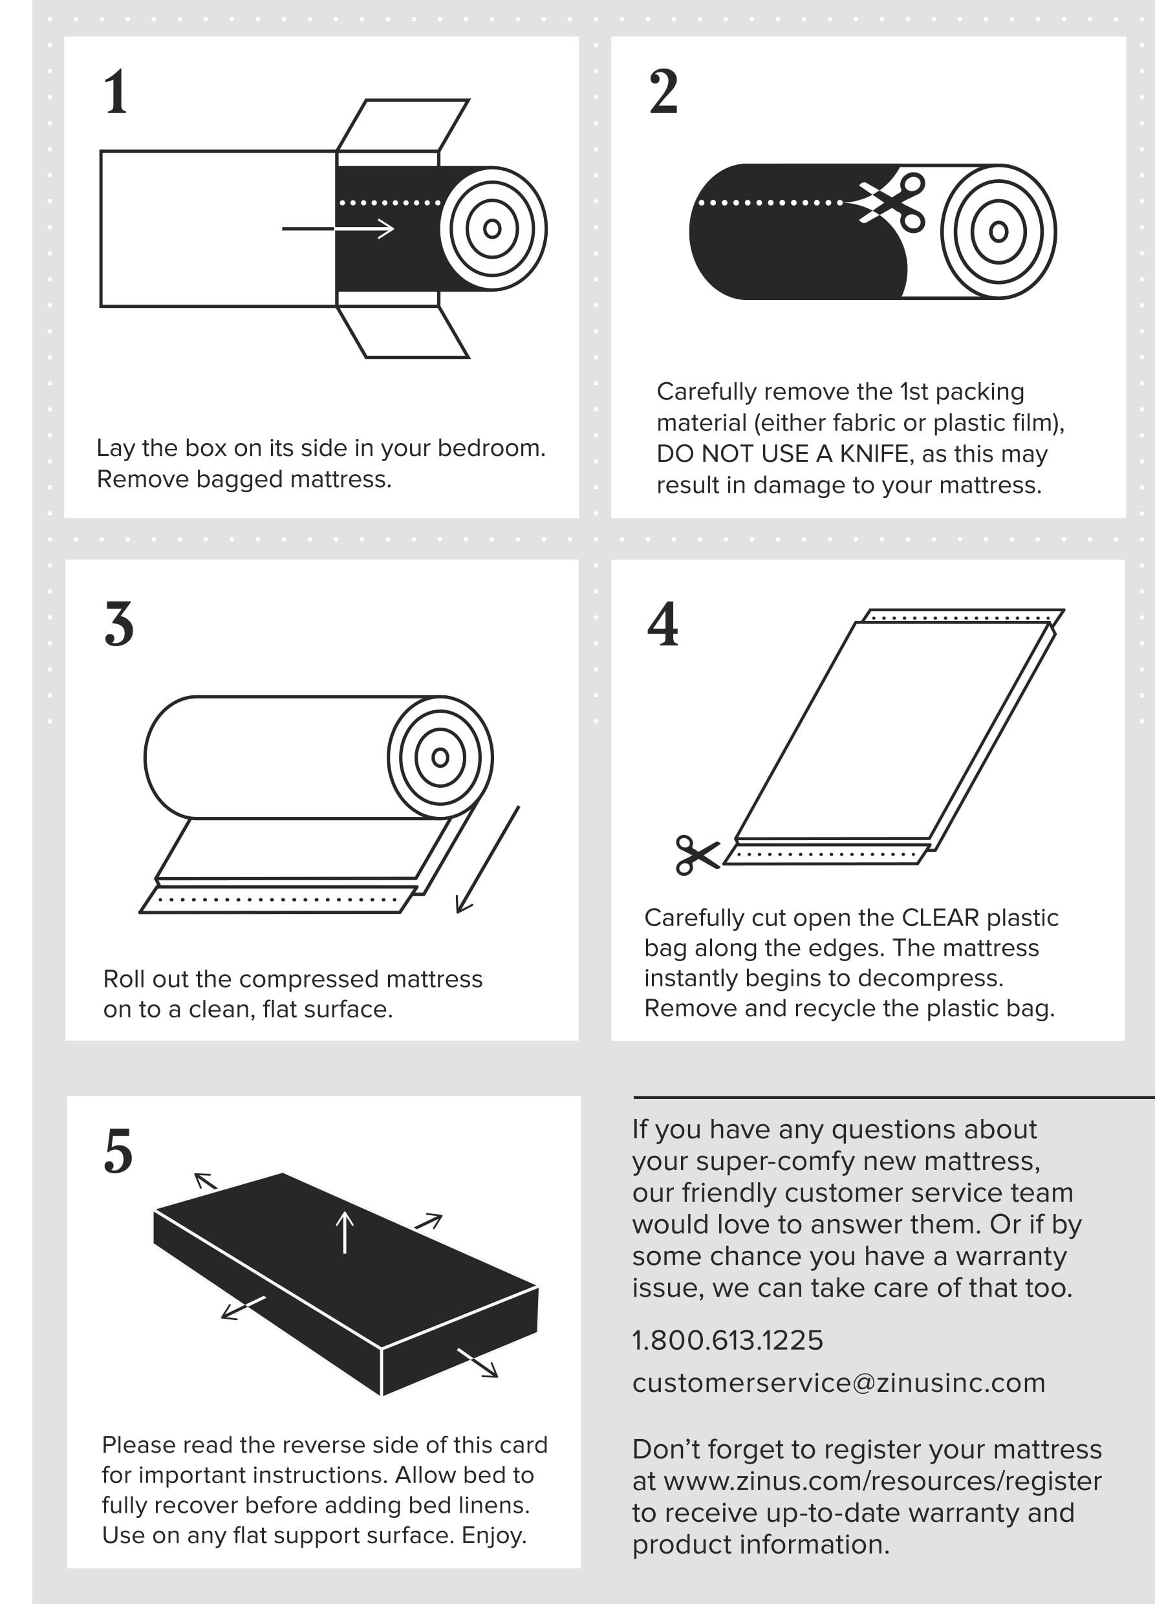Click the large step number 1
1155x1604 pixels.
[x=115, y=92]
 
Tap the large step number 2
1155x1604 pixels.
[x=663, y=92]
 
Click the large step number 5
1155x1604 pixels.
[x=118, y=1151]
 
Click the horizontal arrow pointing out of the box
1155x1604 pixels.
[x=338, y=228]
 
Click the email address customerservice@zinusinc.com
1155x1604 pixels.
[x=838, y=1383]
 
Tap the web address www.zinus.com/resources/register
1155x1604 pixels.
[x=882, y=1481]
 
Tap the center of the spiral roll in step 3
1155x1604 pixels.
[x=440, y=757]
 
